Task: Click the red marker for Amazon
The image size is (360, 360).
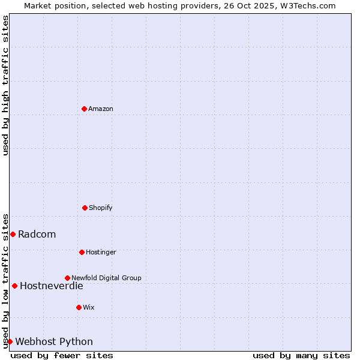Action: (84, 109)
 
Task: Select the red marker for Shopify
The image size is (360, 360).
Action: (85, 208)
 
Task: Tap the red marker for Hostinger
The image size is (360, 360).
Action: (82, 252)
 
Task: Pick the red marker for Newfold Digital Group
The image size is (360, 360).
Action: (67, 278)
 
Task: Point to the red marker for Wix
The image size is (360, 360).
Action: (79, 307)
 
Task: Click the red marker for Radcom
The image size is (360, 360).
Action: (13, 234)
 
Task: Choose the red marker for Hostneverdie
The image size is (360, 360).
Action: (14, 286)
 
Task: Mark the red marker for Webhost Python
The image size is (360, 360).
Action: (10, 341)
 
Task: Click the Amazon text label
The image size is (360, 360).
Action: (101, 109)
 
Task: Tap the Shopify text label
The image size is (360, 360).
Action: (101, 208)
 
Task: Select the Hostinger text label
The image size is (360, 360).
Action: (101, 252)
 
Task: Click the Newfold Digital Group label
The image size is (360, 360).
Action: (106, 278)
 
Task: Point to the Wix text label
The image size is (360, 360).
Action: (89, 307)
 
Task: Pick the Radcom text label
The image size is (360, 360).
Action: (37, 234)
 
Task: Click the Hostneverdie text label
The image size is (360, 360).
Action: (52, 286)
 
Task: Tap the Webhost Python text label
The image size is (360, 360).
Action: (54, 341)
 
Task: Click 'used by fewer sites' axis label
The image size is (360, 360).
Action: (62, 355)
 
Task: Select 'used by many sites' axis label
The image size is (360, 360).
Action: (301, 355)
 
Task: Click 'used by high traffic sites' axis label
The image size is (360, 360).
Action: (5, 85)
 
